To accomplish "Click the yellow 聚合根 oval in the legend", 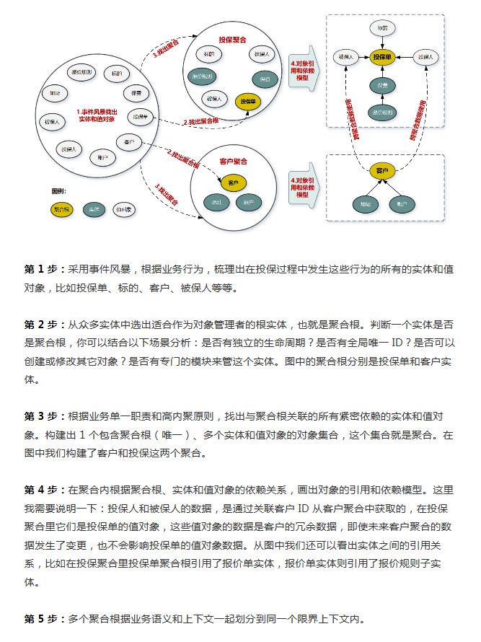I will click(x=62, y=209).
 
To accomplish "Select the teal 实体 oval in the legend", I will click(x=93, y=209).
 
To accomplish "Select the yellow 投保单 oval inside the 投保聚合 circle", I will click(x=248, y=102).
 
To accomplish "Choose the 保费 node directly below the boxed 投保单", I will click(x=382, y=86).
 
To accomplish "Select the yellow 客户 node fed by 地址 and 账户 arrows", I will click(x=382, y=171).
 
